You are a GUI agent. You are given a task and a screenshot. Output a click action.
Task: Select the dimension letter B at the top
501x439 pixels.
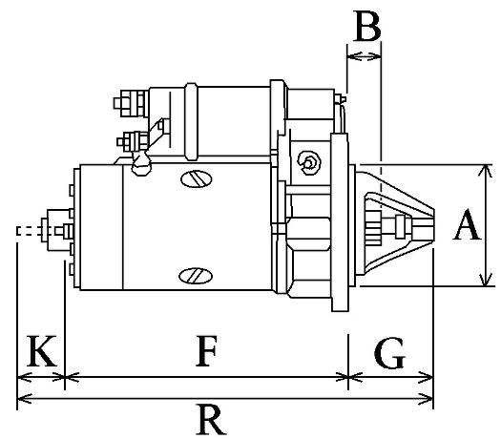pos(365,26)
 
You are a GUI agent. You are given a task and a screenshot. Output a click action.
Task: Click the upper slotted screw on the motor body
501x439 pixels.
pos(194,178)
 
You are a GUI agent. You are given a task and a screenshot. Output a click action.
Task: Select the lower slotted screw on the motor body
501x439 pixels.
pos(194,275)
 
